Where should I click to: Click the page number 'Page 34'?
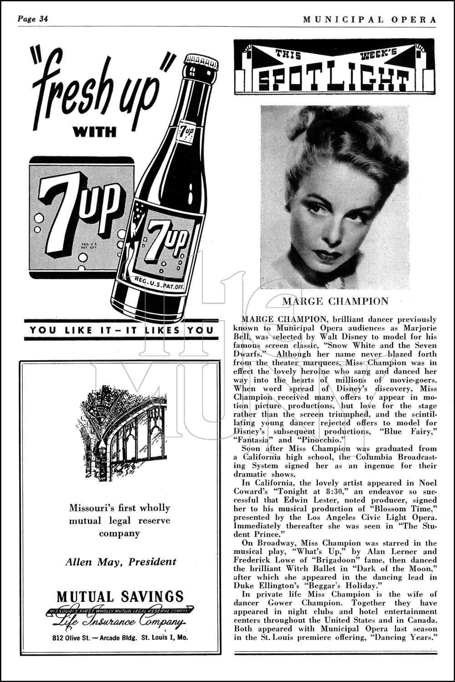[x=33, y=19]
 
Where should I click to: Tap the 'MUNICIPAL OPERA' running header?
[x=369, y=20]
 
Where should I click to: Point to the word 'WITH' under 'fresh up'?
[x=95, y=132]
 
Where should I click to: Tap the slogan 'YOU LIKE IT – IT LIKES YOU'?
[x=121, y=330]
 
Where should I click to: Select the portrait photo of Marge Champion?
[x=334, y=197]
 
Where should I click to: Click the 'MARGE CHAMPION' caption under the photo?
[x=335, y=301]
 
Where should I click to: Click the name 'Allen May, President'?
[x=121, y=562]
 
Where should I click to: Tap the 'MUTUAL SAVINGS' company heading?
[x=120, y=596]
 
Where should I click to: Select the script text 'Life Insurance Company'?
[x=120, y=622]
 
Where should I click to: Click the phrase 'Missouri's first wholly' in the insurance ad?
[x=119, y=508]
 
